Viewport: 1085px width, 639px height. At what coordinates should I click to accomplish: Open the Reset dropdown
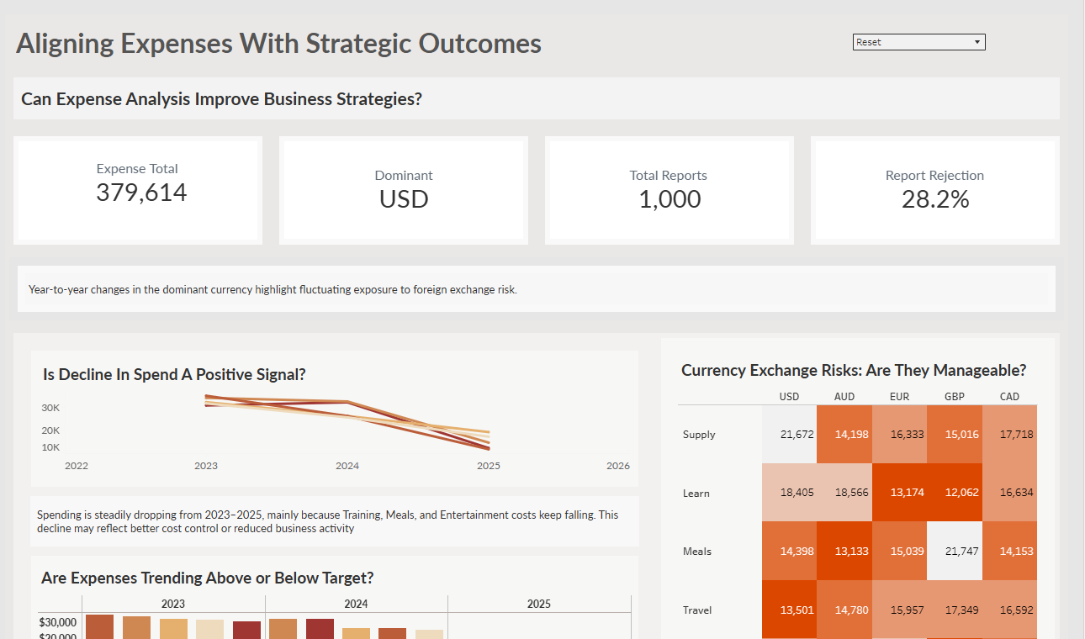(918, 42)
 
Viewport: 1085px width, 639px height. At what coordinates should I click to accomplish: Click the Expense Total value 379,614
(141, 193)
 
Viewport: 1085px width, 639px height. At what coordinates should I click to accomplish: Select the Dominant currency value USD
(404, 199)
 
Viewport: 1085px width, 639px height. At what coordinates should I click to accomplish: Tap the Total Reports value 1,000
(670, 199)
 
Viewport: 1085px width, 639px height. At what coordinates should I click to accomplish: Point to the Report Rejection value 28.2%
(935, 199)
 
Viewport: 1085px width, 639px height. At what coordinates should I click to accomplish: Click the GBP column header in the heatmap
(954, 396)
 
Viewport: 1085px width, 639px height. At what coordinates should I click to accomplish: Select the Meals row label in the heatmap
(697, 552)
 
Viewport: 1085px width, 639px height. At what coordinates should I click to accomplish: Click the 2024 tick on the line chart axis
(347, 466)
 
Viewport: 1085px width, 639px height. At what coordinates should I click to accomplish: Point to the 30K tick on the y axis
(51, 408)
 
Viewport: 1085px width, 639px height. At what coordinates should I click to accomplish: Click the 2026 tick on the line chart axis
(617, 466)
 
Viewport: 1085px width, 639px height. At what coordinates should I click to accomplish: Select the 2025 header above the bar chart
(539, 604)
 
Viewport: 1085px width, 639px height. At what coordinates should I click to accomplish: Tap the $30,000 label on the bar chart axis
(58, 622)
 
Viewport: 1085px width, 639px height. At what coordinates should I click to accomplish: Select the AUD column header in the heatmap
(844, 396)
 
